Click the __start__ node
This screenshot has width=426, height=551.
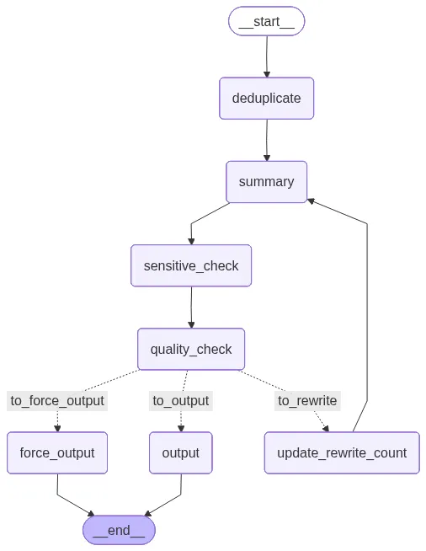pyautogui.click(x=267, y=21)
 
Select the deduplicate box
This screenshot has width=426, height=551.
pyautogui.click(x=267, y=98)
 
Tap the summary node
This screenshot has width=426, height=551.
pyautogui.click(x=267, y=182)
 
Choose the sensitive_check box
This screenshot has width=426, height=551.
pyautogui.click(x=191, y=265)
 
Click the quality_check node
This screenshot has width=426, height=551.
pyautogui.click(x=191, y=349)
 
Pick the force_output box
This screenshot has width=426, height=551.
pyautogui.click(x=57, y=452)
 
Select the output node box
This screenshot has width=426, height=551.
pyautogui.click(x=181, y=452)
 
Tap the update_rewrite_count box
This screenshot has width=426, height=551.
pyautogui.click(x=342, y=452)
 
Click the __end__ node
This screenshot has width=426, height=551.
pyautogui.click(x=119, y=530)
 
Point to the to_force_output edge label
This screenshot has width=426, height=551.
pyautogui.click(x=57, y=400)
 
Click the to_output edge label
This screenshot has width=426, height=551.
pyautogui.click(x=181, y=400)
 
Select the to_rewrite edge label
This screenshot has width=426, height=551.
pyautogui.click(x=307, y=400)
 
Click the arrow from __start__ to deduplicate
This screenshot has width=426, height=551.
pyautogui.click(x=267, y=56)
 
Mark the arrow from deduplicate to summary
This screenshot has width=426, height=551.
pyautogui.click(x=267, y=140)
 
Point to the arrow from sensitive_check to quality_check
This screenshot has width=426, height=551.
pyautogui.click(x=191, y=308)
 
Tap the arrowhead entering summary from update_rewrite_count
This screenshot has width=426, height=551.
pyautogui.click(x=311, y=201)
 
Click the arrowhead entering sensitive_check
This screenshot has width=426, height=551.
pyautogui.click(x=191, y=241)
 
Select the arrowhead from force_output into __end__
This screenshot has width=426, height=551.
pyautogui.click(x=91, y=513)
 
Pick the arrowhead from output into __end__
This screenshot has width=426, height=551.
pyautogui.click(x=148, y=513)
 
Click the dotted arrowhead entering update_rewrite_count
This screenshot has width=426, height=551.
pyautogui.click(x=326, y=428)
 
